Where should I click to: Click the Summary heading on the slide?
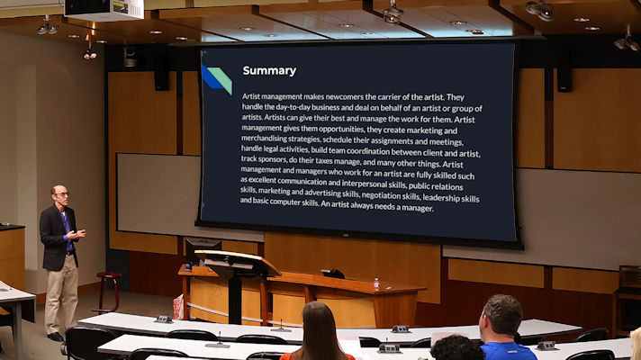pyautogui.click(x=269, y=71)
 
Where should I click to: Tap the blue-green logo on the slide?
pyautogui.click(x=217, y=78)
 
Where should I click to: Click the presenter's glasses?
pyautogui.click(x=62, y=194)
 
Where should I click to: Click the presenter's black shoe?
pyautogui.click(x=55, y=337)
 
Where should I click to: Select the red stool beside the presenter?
pyautogui.click(x=108, y=292)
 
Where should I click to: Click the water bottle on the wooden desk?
pyautogui.click(x=376, y=283)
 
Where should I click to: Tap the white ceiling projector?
pyautogui.click(x=104, y=9)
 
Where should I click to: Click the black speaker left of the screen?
pyautogui.click(x=161, y=74)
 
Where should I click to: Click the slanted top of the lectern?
pyautogui.click(x=237, y=261)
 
